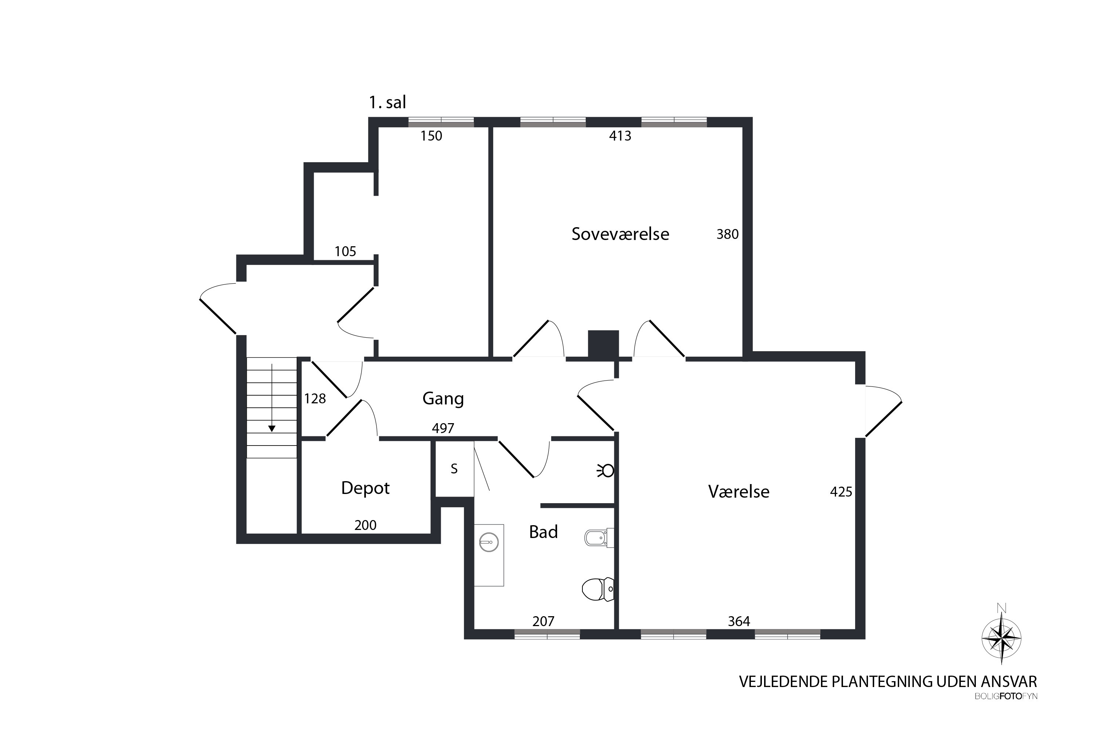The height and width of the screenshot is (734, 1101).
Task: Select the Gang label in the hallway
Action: point(443,398)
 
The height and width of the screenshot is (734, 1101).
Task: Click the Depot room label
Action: point(365,488)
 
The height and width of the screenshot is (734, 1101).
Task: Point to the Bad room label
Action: point(543,532)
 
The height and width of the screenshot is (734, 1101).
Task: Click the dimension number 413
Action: point(620,136)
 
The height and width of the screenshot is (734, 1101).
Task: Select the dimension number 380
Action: point(727,234)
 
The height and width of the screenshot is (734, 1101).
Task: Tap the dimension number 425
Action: point(841,491)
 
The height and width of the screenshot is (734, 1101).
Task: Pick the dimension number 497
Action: point(443,428)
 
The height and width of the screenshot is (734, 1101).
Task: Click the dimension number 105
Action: point(345,251)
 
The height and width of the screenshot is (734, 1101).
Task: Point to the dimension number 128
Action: point(315,398)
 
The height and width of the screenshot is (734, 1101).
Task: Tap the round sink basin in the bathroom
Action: point(489,543)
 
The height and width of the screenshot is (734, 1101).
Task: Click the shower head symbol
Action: point(606,470)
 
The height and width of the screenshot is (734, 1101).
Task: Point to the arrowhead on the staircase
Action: point(272,428)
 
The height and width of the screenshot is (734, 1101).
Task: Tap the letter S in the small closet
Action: point(454,469)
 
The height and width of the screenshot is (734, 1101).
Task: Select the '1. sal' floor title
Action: point(387,102)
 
